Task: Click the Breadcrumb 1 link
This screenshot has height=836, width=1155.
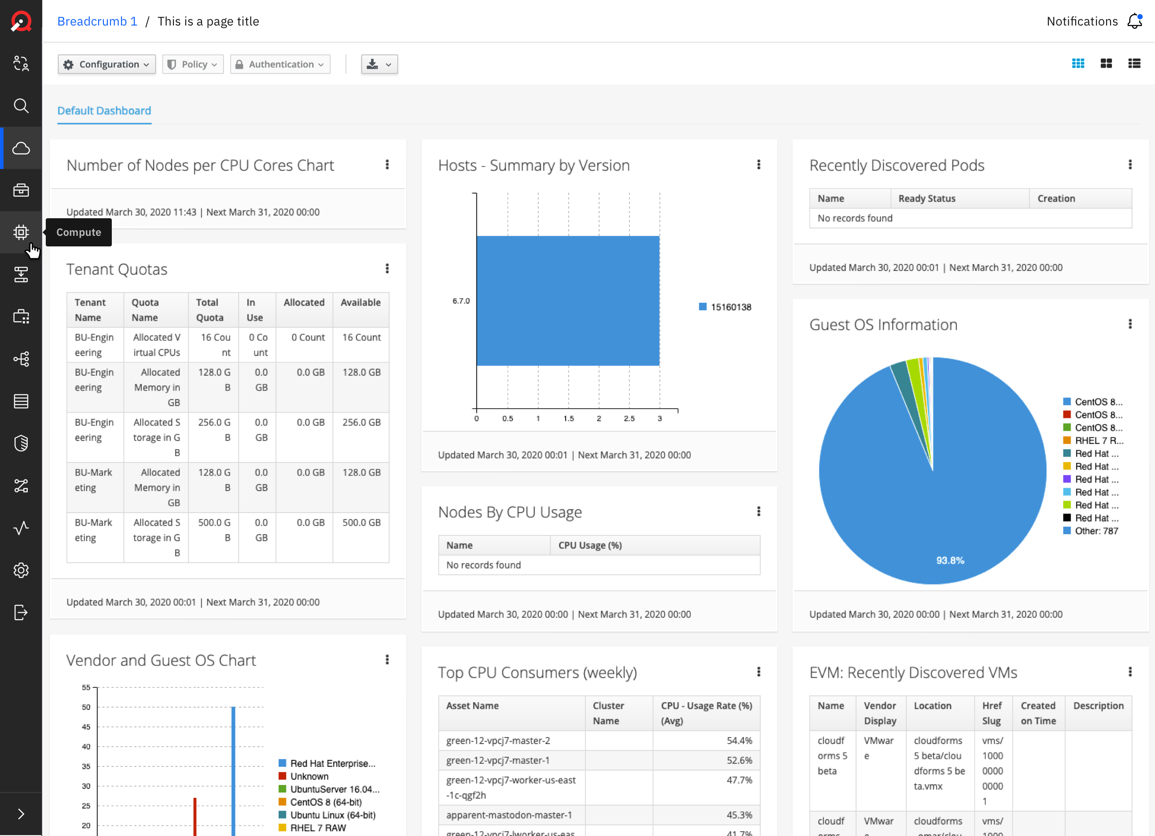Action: [x=97, y=22]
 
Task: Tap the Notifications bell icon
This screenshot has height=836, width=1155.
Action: [x=1135, y=22]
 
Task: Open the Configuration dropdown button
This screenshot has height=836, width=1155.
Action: [x=107, y=64]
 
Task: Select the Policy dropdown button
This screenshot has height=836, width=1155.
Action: [x=193, y=64]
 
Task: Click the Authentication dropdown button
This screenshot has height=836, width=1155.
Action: [x=280, y=64]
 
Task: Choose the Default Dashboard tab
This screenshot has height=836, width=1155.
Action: [x=104, y=110]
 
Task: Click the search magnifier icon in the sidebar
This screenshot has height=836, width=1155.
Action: [x=21, y=106]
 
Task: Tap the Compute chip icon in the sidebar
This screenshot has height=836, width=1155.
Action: [x=21, y=232]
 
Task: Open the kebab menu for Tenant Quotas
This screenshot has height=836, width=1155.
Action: [x=387, y=269]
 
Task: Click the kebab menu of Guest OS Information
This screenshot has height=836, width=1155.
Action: [x=1130, y=324]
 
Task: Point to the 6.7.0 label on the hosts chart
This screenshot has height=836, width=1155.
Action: [x=461, y=301]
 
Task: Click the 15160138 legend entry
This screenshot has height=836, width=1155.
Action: [x=725, y=307]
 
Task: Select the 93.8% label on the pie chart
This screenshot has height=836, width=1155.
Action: [x=950, y=561]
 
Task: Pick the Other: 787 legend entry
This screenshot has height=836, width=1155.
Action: [x=1091, y=531]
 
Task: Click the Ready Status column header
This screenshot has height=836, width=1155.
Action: [x=927, y=198]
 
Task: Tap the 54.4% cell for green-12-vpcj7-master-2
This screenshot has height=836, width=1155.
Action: [x=739, y=741]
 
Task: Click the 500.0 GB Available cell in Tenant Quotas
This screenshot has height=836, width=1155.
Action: [x=361, y=522]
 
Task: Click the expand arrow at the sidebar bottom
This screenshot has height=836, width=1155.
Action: [x=21, y=814]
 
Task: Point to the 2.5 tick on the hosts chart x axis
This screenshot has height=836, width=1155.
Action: [x=629, y=418]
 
